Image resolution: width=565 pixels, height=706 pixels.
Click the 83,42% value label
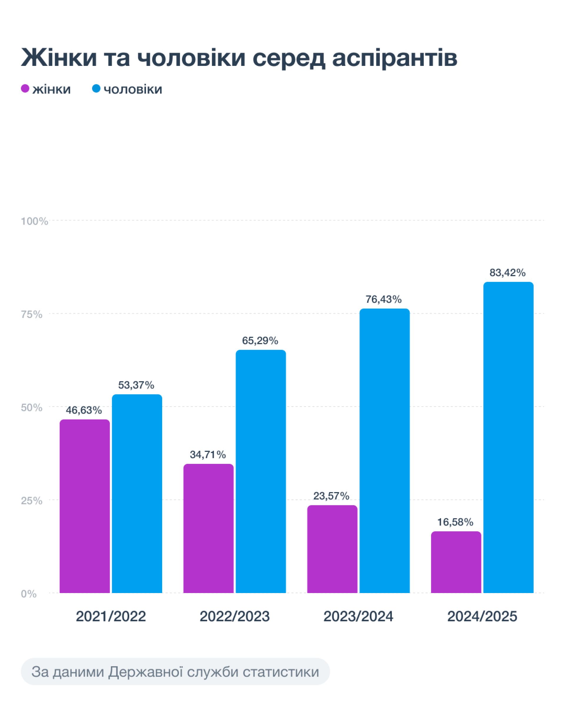point(507,272)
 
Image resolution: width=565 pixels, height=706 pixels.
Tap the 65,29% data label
point(260,341)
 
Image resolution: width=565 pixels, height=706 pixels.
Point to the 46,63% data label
point(84,410)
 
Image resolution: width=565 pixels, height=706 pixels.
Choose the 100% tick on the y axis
point(34,222)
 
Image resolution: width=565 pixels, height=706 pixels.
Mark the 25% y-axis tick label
point(32,501)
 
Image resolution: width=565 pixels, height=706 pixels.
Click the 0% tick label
point(29,594)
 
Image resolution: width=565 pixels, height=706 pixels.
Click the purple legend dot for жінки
point(25,89)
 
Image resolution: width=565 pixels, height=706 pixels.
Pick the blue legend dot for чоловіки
point(96,89)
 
